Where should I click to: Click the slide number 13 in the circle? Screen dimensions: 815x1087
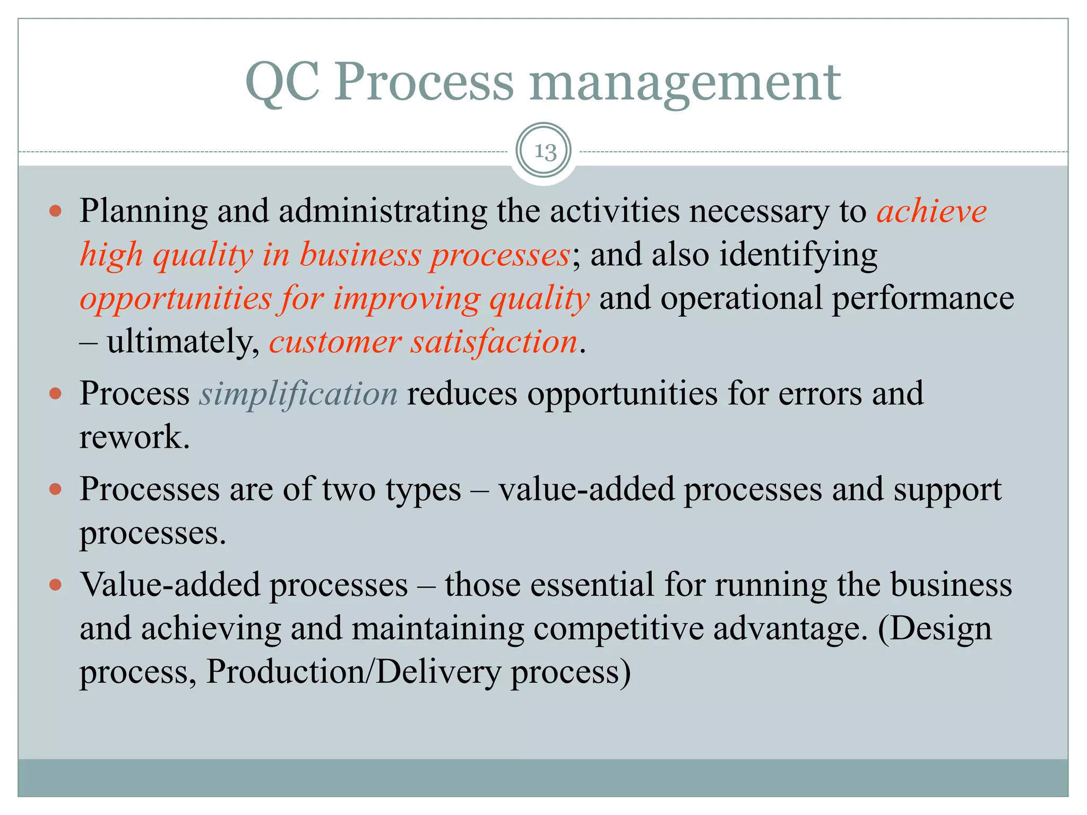(544, 152)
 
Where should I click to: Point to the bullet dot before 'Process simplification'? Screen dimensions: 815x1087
(55, 394)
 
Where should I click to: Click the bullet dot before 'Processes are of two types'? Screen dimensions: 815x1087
(55, 489)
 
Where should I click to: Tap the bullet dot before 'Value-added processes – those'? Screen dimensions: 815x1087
(55, 585)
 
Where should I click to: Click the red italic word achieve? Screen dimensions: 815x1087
(931, 212)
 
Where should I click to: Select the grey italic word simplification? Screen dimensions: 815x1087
(298, 394)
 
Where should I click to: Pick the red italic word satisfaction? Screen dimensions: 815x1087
(494, 342)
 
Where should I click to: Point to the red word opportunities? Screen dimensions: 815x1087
(175, 298)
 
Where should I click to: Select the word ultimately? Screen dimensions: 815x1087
(182, 342)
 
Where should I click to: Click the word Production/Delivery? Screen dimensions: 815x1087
(353, 672)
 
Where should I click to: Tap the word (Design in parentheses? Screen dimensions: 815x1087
(934, 629)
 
